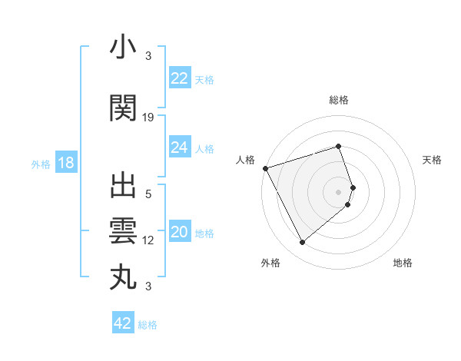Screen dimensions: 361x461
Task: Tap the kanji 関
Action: (x=123, y=108)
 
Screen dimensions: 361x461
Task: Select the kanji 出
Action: (x=123, y=187)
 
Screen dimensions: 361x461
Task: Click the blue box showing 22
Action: (x=180, y=78)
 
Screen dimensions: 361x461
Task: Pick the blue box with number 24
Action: (x=180, y=147)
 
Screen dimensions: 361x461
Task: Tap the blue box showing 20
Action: (x=180, y=233)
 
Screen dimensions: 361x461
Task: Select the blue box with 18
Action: (x=65, y=163)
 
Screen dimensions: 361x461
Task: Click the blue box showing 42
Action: (x=123, y=323)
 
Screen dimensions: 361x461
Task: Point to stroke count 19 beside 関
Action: (x=148, y=117)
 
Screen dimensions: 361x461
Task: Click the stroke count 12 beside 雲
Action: (x=148, y=240)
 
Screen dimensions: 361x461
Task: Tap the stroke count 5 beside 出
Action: (x=148, y=194)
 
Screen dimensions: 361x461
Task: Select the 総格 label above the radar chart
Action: (x=338, y=100)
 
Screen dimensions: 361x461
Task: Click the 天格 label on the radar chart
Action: (x=433, y=160)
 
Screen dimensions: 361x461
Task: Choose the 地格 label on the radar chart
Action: (x=403, y=263)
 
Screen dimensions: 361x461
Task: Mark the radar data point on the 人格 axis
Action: (x=265, y=168)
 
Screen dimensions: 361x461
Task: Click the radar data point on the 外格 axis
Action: (x=302, y=242)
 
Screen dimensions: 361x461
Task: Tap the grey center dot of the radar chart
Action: (x=339, y=191)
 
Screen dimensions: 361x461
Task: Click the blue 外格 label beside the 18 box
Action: (x=41, y=164)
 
